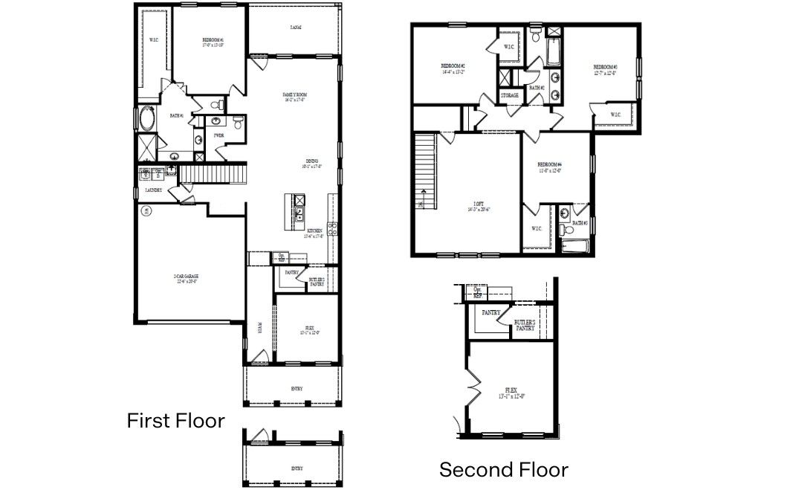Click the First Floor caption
175,421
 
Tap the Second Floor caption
503,470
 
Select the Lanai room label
295,28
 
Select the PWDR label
219,135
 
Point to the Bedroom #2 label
453,66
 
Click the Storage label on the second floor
509,95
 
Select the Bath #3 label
580,223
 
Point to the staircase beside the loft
424,173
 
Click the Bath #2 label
537,88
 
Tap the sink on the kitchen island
298,216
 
